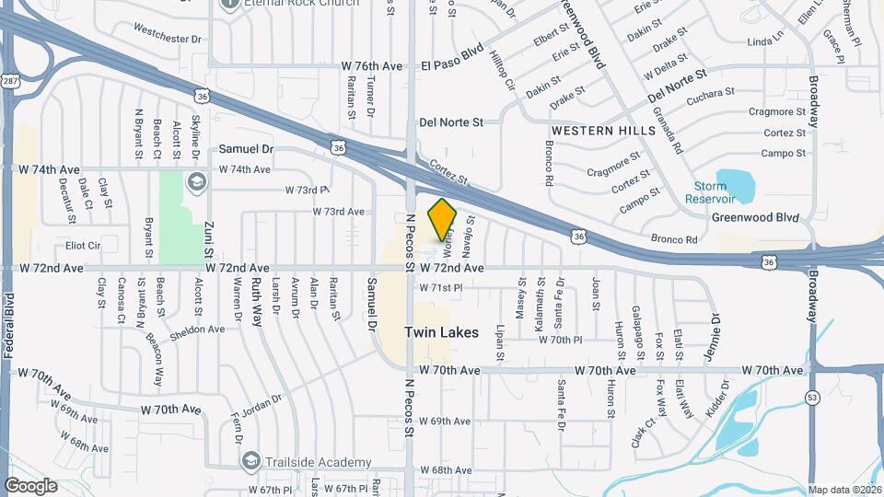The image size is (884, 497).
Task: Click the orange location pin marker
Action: pos(443,219)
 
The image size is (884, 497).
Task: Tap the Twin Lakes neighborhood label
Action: pos(442,332)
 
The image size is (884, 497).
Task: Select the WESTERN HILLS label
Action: pos(603,131)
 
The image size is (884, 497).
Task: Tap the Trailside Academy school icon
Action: pos(250,461)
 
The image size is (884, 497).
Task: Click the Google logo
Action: pos(30,485)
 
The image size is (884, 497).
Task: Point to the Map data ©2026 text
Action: pos(844,491)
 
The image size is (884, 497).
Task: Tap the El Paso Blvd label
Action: pos(452,66)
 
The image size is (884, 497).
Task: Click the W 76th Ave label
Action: pos(372,66)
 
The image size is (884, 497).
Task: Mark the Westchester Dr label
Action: pos(167,39)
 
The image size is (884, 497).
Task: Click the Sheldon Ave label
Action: pos(197,329)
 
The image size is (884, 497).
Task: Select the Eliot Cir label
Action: pos(83,246)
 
